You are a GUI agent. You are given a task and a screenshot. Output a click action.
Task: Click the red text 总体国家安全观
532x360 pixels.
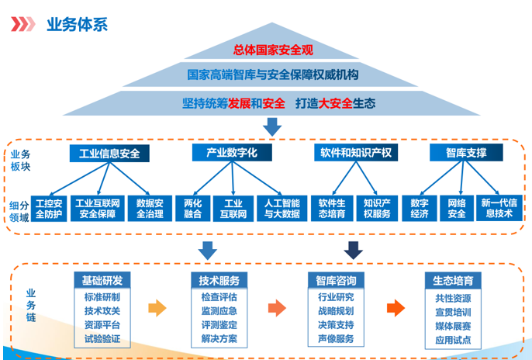(x=272, y=50)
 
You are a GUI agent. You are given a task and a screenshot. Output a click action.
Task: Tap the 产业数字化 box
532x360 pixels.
(x=232, y=153)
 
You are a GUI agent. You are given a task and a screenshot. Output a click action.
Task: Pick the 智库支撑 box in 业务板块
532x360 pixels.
(x=466, y=153)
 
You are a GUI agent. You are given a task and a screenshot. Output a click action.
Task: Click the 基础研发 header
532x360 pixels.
(x=102, y=279)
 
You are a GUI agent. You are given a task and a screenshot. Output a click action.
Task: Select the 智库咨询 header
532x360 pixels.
(x=336, y=279)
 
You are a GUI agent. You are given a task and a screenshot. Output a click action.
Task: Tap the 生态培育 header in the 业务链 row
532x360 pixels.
(x=454, y=279)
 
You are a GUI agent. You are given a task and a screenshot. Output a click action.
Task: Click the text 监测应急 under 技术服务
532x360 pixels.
(x=219, y=311)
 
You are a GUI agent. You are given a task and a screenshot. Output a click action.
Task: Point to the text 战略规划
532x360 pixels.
(x=336, y=311)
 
